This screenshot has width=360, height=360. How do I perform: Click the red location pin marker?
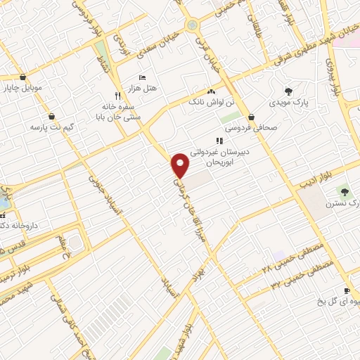coord(181,165)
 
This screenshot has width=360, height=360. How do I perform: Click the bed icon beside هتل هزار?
coord(143,77)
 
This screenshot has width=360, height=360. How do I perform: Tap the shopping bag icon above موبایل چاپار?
coord(23,77)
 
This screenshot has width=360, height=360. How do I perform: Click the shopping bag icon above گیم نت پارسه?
coord(51,116)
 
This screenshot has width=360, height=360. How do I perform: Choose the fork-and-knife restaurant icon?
coord(117,96)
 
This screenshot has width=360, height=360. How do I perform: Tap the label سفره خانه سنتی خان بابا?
coord(119,113)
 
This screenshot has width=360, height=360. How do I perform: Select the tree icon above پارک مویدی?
coord(288,91)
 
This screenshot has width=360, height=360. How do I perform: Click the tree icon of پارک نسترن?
coord(344,191)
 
